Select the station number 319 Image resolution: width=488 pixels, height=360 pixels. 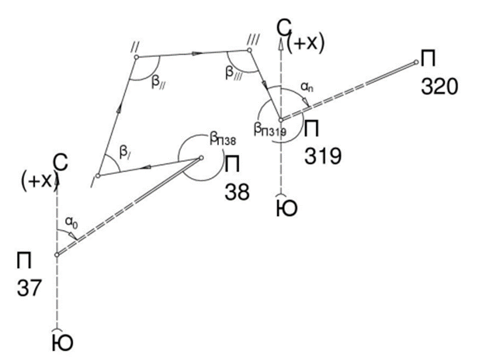pyautogui.click(x=323, y=156)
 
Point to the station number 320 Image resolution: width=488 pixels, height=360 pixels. pyautogui.click(x=440, y=87)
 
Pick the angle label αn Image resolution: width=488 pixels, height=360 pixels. pyautogui.click(x=306, y=87)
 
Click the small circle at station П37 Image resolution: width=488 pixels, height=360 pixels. pyautogui.click(x=57, y=255)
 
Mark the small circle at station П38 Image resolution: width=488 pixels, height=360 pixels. pyautogui.click(x=201, y=158)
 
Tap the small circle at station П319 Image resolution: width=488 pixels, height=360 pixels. pyautogui.click(x=280, y=120)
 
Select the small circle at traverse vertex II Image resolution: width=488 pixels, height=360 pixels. pyautogui.click(x=136, y=56)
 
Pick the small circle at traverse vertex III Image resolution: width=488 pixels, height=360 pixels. pyautogui.click(x=249, y=50)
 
